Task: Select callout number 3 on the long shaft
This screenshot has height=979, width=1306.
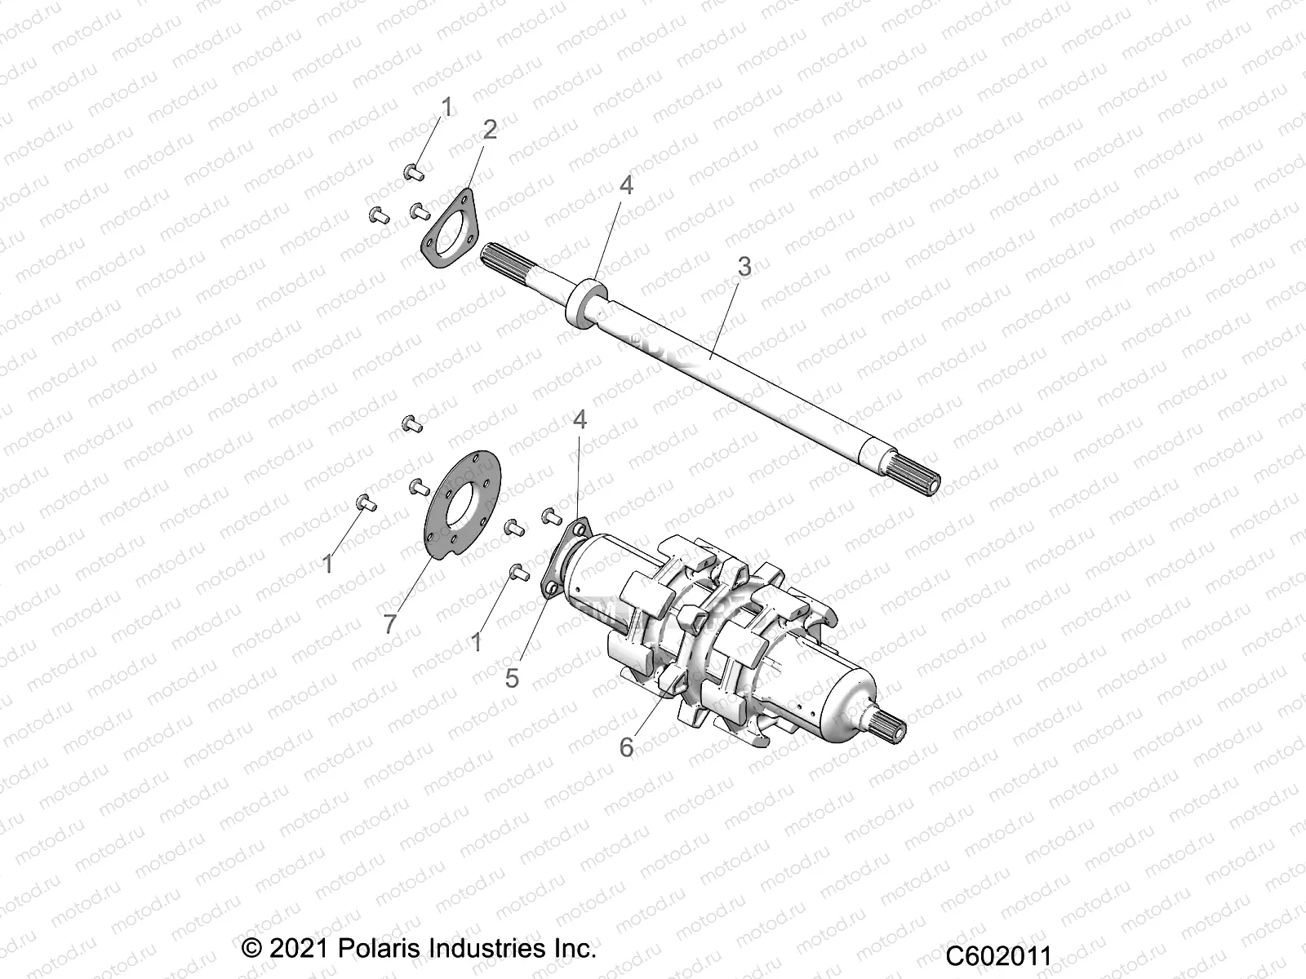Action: (744, 265)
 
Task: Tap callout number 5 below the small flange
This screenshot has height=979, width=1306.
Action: (512, 678)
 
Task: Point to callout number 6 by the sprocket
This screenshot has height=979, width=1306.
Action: (627, 747)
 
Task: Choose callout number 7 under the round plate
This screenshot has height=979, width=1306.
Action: (390, 624)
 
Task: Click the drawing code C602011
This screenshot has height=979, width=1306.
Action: (998, 956)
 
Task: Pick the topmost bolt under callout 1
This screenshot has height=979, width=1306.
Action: (412, 171)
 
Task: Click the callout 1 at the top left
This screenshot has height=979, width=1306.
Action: (446, 106)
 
